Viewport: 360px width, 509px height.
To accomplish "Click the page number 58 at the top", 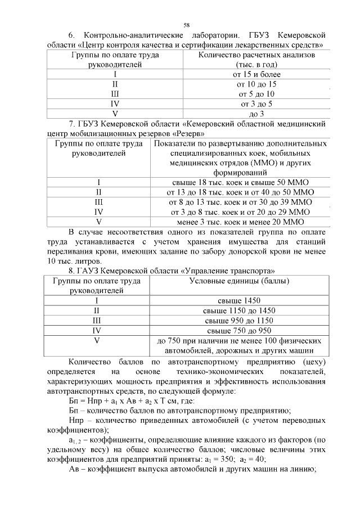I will pyautogui.click(x=186, y=25).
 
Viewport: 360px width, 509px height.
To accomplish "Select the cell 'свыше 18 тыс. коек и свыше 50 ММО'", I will pyautogui.click(x=241, y=182).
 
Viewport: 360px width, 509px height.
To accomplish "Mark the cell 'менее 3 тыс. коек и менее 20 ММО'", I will pyautogui.click(x=241, y=222).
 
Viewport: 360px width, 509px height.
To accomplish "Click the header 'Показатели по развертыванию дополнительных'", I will pyautogui.click(x=241, y=143).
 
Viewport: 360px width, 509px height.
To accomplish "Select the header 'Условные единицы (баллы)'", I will pyautogui.click(x=240, y=281).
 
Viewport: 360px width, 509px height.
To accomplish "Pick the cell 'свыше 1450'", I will pyautogui.click(x=240, y=300).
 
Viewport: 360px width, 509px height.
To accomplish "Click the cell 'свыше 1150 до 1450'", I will pyautogui.click(x=240, y=310).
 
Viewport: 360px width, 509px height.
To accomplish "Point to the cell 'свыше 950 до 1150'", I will pyautogui.click(x=240, y=320).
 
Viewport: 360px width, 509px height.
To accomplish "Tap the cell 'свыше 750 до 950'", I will pyautogui.click(x=240, y=330).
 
